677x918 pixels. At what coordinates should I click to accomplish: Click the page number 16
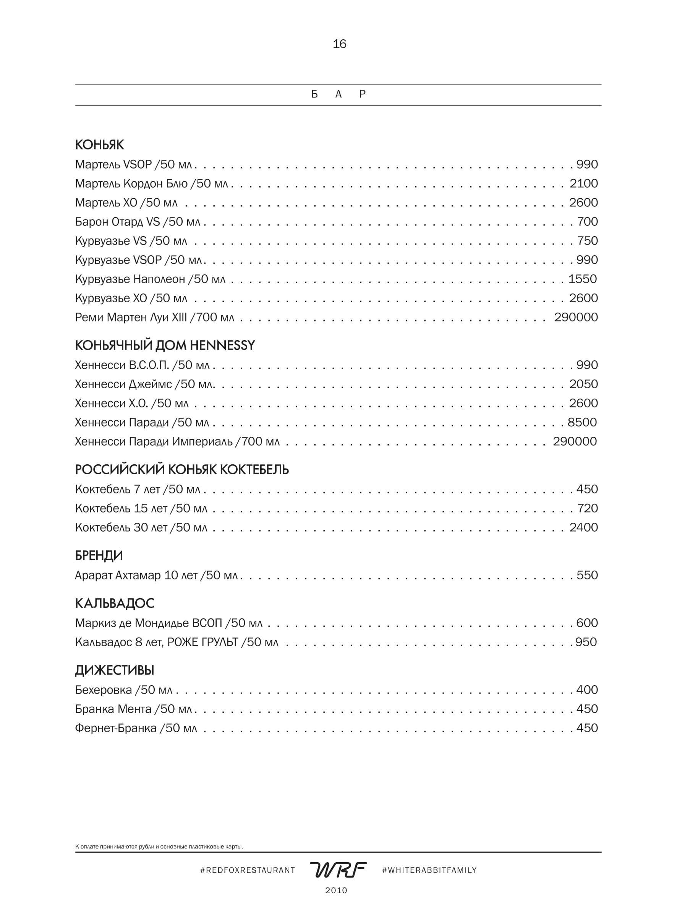pos(339,44)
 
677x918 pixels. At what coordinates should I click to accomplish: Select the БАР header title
pos(338,94)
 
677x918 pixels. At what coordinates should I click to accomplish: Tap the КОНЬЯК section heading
pos(100,145)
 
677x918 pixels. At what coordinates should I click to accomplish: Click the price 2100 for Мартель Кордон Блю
pos(583,183)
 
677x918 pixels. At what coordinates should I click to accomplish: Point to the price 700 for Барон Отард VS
pos(587,222)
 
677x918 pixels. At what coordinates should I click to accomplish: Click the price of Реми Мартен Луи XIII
pos(576,317)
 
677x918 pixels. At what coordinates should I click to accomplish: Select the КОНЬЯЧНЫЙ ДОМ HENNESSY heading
pos(165,345)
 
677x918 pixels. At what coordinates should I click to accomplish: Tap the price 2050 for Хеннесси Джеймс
pos(583,384)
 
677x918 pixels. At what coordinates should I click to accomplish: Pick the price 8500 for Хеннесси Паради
pos(582,422)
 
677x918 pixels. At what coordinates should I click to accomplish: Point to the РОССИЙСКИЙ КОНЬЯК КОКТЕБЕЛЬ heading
pos(182,470)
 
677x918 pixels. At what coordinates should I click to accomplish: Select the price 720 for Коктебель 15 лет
pos(587,508)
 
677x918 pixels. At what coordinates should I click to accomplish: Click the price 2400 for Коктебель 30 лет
pos(583,527)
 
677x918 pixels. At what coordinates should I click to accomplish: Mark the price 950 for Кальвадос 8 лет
pos(586,642)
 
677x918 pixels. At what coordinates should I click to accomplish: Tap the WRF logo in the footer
pos(338,869)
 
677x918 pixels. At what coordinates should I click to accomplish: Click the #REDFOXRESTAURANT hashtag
pos(248,870)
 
